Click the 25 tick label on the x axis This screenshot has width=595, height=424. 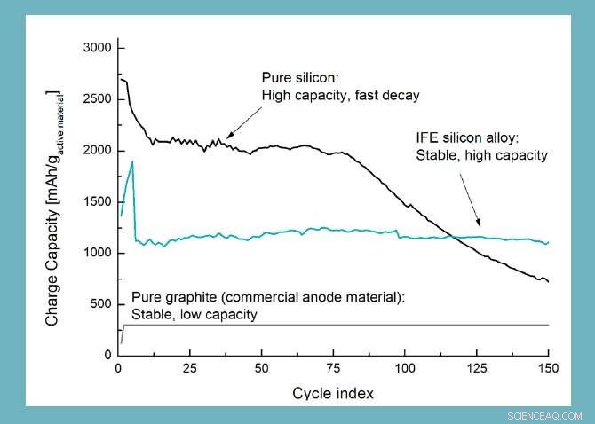pyautogui.click(x=189, y=366)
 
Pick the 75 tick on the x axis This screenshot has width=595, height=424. pyautogui.click(x=333, y=366)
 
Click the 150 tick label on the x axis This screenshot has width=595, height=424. pyautogui.click(x=548, y=366)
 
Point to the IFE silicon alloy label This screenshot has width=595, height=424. pyautogui.click(x=472, y=139)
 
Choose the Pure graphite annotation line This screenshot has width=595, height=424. pyautogui.click(x=267, y=297)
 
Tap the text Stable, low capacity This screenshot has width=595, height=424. pyautogui.click(x=194, y=314)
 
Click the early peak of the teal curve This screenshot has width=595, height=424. pyautogui.click(x=132, y=162)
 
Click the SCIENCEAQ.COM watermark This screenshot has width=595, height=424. pyautogui.click(x=544, y=415)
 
